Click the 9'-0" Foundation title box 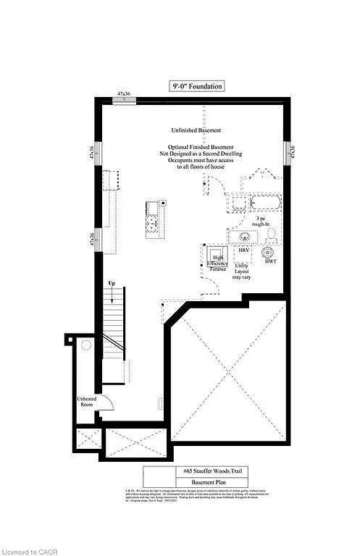coord(196,86)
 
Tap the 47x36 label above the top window coord(124,94)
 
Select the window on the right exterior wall coord(288,151)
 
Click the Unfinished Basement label coord(196,130)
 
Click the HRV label coord(244,250)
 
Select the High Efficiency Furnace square coord(217,259)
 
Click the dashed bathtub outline coord(264,202)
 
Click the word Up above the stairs coord(111,282)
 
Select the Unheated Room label coord(86,402)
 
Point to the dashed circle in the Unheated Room coord(85,345)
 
